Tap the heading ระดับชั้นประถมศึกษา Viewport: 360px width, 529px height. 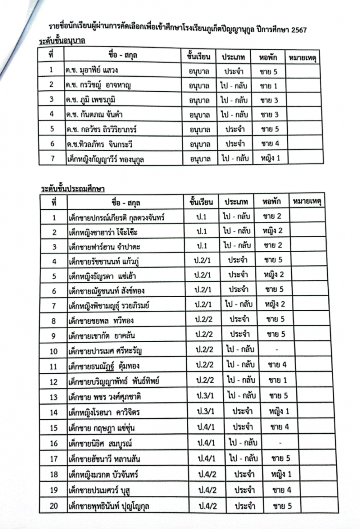(x=72, y=188)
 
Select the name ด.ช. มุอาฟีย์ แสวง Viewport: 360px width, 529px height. (x=92, y=70)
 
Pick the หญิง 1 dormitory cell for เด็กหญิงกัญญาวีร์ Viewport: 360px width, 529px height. (x=270, y=158)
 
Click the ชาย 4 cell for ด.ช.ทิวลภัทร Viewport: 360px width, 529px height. (x=269, y=143)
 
